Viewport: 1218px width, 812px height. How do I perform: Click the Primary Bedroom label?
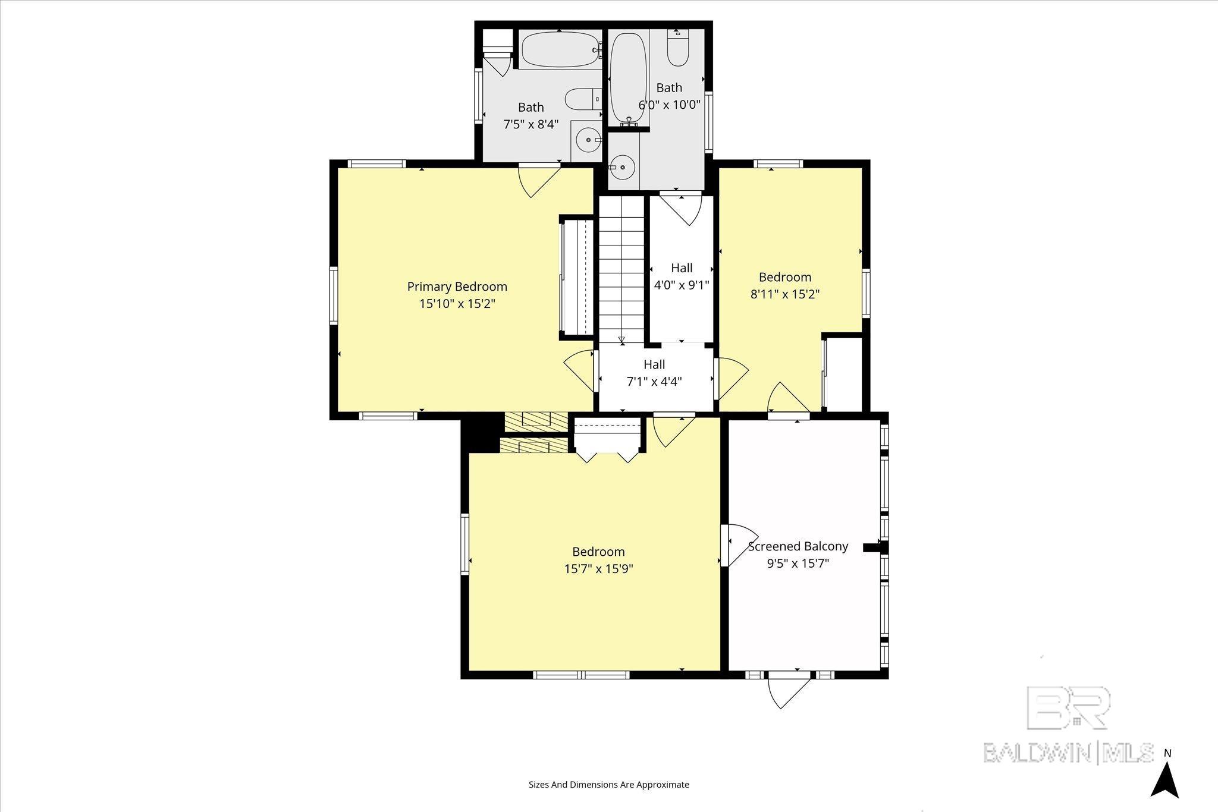pyautogui.click(x=457, y=287)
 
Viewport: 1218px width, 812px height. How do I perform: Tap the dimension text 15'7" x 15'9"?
pyautogui.click(x=598, y=569)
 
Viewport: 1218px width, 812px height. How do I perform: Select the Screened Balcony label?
pyautogui.click(x=798, y=546)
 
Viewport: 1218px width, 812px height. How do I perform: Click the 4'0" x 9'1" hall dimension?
pyautogui.click(x=682, y=285)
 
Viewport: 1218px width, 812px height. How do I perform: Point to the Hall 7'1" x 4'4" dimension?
pyautogui.click(x=654, y=382)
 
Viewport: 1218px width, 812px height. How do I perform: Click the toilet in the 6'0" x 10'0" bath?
pyautogui.click(x=677, y=49)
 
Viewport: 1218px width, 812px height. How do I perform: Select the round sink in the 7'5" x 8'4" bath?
pyautogui.click(x=588, y=140)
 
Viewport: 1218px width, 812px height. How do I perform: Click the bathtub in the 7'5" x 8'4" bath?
pyautogui.click(x=560, y=51)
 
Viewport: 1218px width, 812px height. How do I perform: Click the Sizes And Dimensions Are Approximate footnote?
pyautogui.click(x=608, y=785)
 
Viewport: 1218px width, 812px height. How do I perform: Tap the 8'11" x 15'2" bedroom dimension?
pyautogui.click(x=785, y=294)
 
